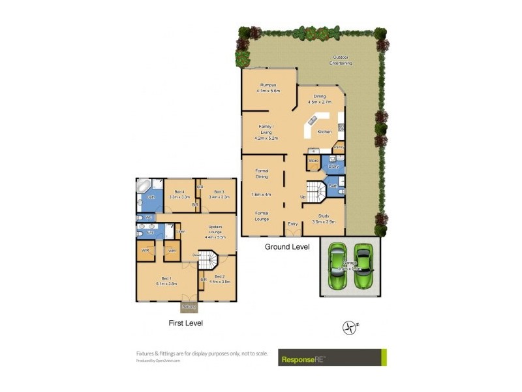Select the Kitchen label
tap(324, 132)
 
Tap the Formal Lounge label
tap(262, 216)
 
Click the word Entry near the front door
tap(292, 224)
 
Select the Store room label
tap(313, 160)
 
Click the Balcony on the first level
tap(189, 306)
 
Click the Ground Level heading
tap(286, 247)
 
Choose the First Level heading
tap(185, 323)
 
